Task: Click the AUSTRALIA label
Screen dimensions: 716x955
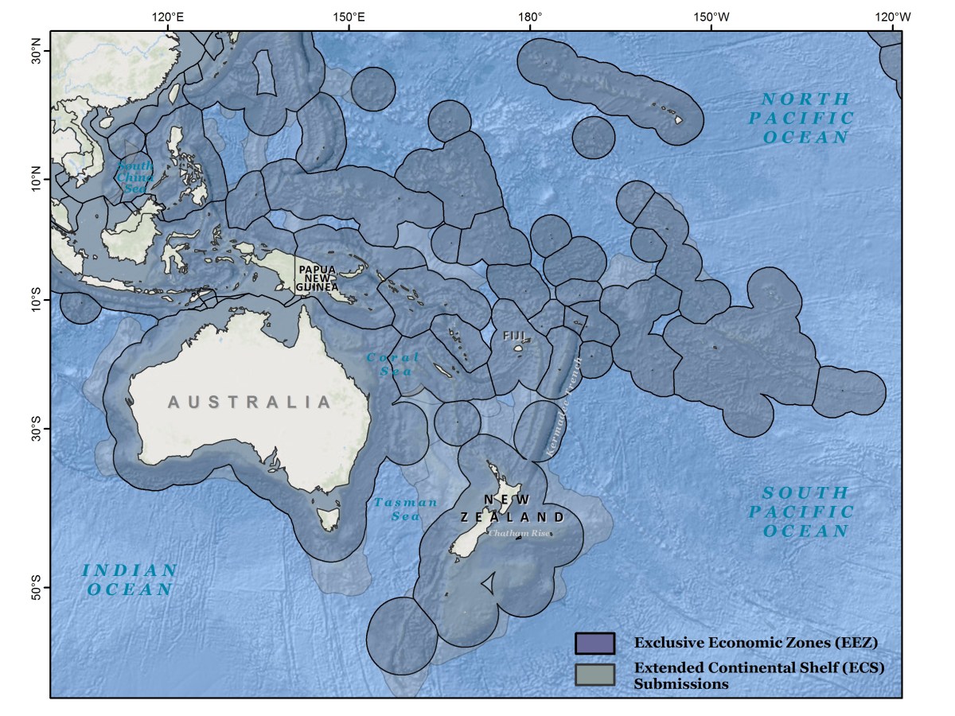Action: tap(249, 402)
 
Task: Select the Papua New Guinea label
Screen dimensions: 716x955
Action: tap(318, 278)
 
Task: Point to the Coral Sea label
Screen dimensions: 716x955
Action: tap(391, 364)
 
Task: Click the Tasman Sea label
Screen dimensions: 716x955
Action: tap(405, 509)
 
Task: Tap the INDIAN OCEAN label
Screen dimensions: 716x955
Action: tap(130, 580)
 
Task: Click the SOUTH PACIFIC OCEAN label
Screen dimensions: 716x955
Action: tap(806, 512)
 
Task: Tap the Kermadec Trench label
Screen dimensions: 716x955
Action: tap(564, 406)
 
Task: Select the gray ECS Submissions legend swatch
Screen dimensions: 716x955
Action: tap(594, 674)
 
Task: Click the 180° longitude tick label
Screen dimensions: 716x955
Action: tap(529, 16)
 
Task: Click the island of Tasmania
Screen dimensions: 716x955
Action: tap(327, 519)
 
